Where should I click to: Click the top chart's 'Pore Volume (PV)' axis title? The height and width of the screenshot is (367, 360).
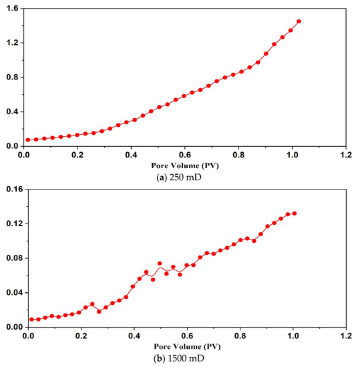185,163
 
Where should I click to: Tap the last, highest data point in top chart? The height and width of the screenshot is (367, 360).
299,21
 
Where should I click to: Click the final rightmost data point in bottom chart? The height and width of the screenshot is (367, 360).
295,214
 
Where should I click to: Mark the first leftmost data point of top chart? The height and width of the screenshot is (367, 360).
28,139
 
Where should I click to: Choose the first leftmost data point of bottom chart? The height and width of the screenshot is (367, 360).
31,319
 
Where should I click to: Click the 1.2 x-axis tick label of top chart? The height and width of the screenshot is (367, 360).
345,154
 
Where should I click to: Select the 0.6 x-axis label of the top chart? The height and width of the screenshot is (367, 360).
186,154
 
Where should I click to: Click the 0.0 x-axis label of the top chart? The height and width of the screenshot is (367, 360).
26,154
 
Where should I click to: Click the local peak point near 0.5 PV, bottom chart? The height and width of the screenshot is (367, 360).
160,264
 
